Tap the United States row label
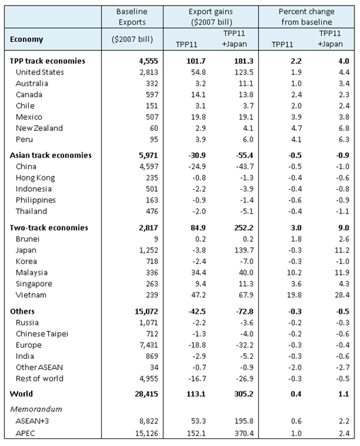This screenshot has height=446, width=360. click(40, 72)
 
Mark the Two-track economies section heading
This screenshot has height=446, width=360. click(48, 228)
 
